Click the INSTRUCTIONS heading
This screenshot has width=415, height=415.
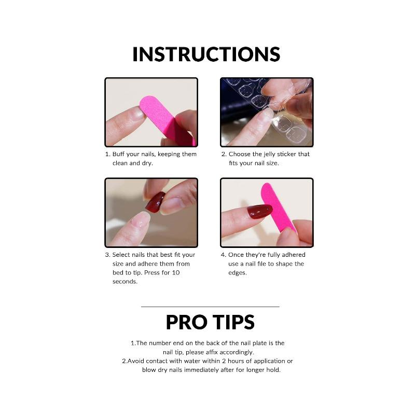(206, 54)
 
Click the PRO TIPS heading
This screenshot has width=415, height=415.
(210, 322)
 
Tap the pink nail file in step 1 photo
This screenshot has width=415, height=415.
(165, 117)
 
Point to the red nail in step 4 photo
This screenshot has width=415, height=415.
(259, 211)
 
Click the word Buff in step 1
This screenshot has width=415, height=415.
(119, 154)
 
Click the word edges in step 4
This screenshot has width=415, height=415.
(238, 272)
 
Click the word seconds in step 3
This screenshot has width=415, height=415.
(125, 281)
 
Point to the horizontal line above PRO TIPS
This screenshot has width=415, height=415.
(210, 307)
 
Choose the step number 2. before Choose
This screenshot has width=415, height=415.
(224, 154)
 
